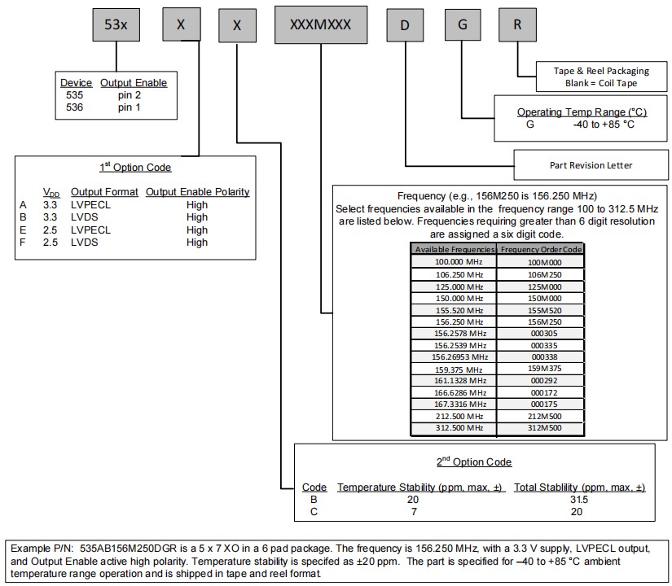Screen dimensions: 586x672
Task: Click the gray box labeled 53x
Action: (x=115, y=24)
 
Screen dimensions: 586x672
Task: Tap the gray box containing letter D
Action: (x=404, y=24)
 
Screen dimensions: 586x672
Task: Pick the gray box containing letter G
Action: (x=462, y=24)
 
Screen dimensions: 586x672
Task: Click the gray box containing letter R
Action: (x=517, y=24)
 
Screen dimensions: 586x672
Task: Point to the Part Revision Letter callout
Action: (x=591, y=165)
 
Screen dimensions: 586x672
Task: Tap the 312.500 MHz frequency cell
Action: (x=453, y=427)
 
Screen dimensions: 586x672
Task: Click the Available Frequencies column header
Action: (x=453, y=250)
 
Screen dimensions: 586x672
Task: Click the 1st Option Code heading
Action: (x=135, y=167)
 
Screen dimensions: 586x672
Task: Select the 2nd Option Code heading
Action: (x=474, y=461)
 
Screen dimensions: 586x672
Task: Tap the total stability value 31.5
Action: (x=578, y=499)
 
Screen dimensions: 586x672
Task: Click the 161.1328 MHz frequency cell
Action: (x=453, y=380)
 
